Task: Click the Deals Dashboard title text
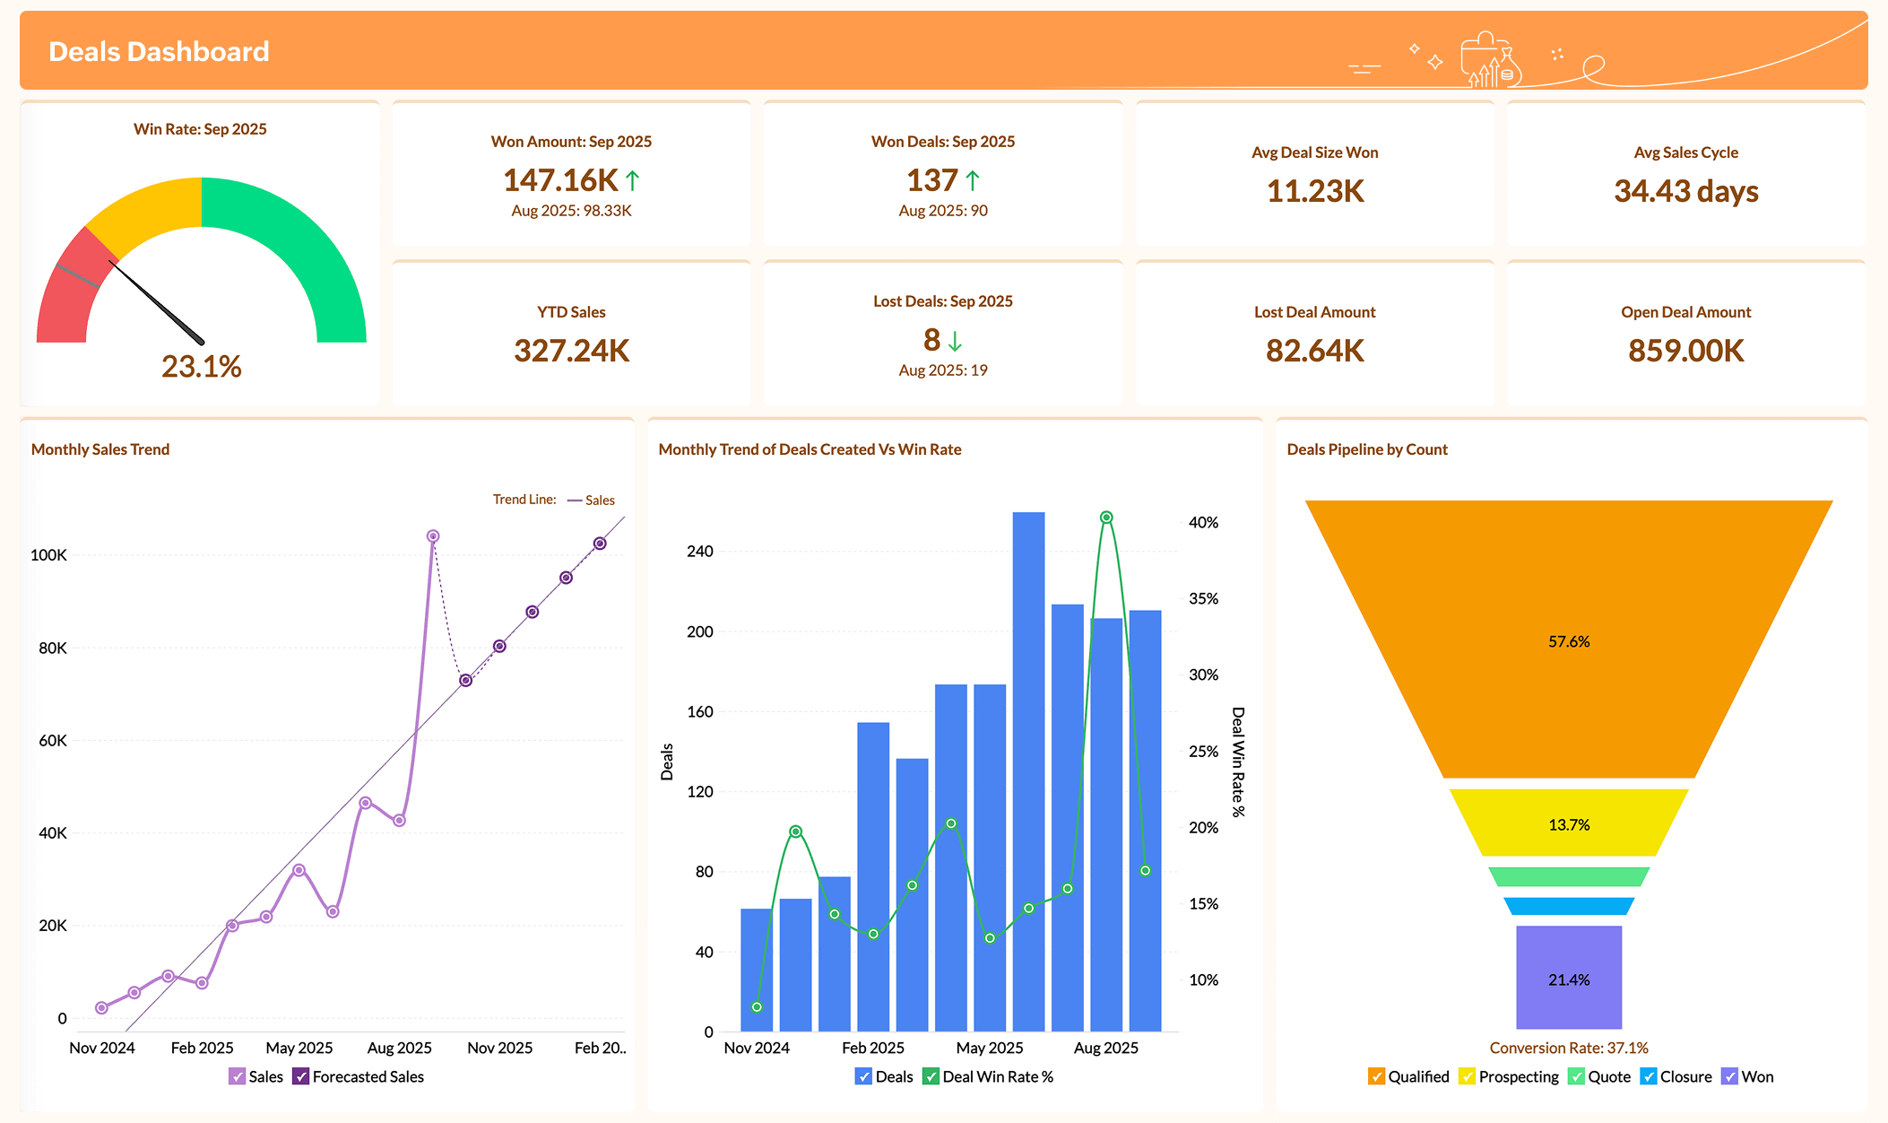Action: coord(159,52)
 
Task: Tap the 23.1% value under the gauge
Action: coord(201,366)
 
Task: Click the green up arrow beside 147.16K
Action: coord(633,180)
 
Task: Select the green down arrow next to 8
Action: coord(955,341)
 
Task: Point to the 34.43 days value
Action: coord(1685,191)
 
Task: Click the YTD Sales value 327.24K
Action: coord(571,351)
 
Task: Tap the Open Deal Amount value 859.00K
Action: coord(1685,351)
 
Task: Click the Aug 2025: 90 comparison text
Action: coord(942,211)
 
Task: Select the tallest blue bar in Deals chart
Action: coord(1028,771)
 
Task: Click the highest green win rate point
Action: coord(1106,518)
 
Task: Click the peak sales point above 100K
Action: coord(433,536)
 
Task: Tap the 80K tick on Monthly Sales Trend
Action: coord(53,648)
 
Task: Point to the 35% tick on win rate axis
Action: coord(1203,598)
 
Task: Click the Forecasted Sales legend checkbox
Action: coord(301,1076)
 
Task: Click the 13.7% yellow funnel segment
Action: coord(1568,824)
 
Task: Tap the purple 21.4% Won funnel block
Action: coord(1568,979)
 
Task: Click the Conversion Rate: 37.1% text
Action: coord(1568,1048)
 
